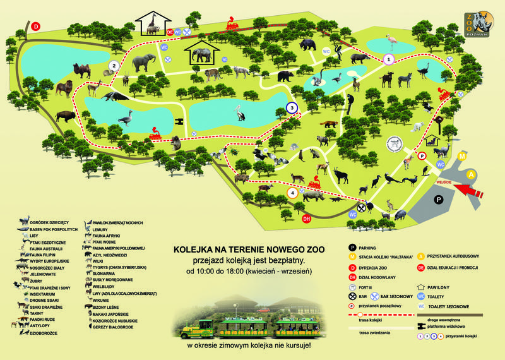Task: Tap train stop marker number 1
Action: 389,59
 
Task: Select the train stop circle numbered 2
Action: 114,65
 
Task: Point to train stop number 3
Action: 292,108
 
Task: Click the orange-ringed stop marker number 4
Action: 292,193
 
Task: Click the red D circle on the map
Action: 36,27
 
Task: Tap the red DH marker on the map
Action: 307,219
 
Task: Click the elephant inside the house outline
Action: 202,56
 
